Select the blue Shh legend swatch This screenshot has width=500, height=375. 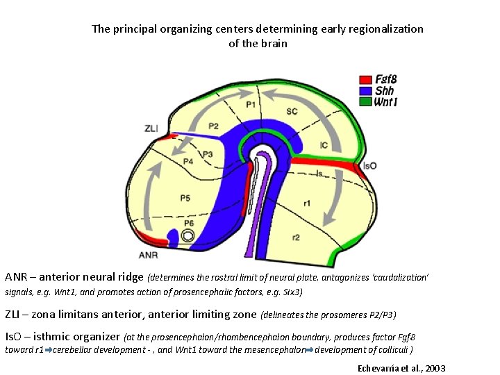pyautogui.click(x=365, y=90)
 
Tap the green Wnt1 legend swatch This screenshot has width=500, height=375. pyautogui.click(x=365, y=101)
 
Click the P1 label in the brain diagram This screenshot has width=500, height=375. pyautogui.click(x=250, y=105)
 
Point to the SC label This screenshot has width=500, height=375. pyautogui.click(x=292, y=111)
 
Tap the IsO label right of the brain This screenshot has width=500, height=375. pyautogui.click(x=369, y=167)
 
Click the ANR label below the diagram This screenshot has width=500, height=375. pyautogui.click(x=148, y=255)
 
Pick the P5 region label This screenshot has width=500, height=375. pyautogui.click(x=185, y=199)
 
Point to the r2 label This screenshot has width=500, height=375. pyautogui.click(x=296, y=237)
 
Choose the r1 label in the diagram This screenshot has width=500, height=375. pyautogui.click(x=307, y=203)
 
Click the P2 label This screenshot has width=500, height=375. pyautogui.click(x=213, y=126)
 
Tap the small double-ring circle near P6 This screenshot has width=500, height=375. pyautogui.click(x=187, y=236)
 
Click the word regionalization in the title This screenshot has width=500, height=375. pyautogui.click(x=384, y=29)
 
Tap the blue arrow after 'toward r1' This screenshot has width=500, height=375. pyautogui.click(x=48, y=349)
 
